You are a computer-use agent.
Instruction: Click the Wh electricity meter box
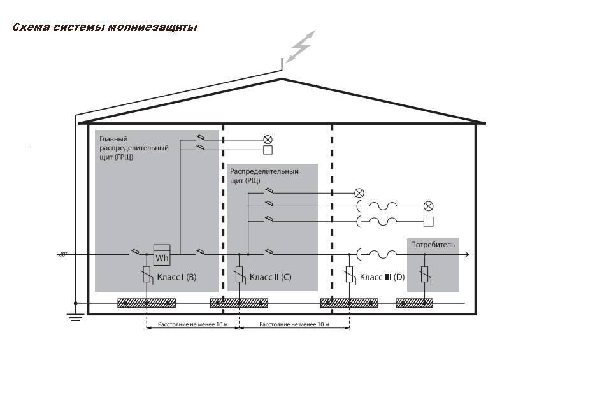click(x=162, y=255)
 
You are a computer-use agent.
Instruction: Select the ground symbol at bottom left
click(x=75, y=317)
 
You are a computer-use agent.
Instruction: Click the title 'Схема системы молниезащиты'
click(x=105, y=27)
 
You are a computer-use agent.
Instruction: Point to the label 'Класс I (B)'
click(x=176, y=277)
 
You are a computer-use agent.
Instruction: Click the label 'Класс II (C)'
click(x=270, y=277)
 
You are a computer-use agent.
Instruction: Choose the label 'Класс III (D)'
click(x=382, y=277)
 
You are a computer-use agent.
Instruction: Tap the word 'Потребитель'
click(x=433, y=245)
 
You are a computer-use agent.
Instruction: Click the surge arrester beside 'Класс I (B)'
click(x=147, y=274)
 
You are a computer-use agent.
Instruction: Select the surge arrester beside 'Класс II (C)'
click(x=239, y=274)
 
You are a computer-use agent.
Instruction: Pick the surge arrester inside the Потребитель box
click(x=425, y=274)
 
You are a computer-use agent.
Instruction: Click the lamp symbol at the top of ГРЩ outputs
click(x=268, y=140)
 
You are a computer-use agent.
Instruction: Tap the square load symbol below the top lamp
click(x=268, y=150)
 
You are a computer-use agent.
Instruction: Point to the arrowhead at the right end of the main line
click(x=467, y=254)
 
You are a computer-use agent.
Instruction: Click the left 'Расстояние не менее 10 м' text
click(x=193, y=324)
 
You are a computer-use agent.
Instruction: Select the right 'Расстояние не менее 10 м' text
click(x=294, y=324)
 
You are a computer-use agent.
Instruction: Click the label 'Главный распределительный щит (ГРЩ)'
click(x=134, y=148)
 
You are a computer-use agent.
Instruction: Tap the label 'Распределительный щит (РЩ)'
click(x=264, y=176)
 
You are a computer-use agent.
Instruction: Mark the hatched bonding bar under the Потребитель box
click(x=414, y=303)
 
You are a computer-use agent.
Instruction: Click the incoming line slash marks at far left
click(x=62, y=254)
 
